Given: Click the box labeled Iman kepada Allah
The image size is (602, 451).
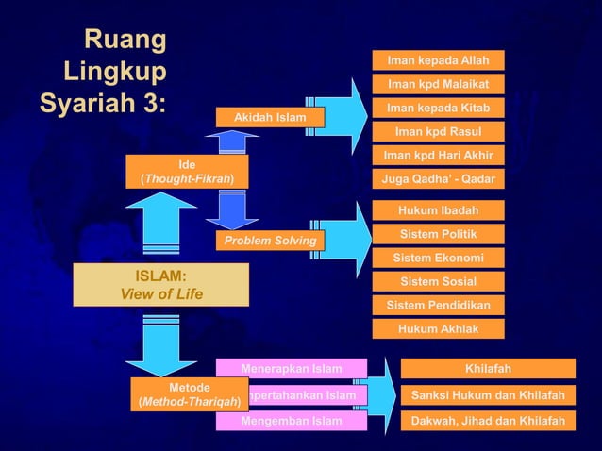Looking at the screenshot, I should [x=438, y=60].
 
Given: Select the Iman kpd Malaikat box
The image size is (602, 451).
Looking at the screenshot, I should [x=438, y=84].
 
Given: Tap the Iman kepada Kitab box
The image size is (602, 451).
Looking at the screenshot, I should [x=438, y=108].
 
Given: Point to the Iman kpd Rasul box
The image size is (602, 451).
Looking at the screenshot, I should [x=438, y=131].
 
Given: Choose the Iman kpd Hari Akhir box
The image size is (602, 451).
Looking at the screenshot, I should [x=438, y=155].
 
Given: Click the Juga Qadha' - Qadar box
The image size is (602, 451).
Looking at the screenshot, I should [x=438, y=178].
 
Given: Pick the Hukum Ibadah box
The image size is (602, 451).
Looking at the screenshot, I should [x=438, y=209].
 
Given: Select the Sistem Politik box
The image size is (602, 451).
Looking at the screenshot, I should [x=438, y=234].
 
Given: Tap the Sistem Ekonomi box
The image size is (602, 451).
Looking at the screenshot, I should [x=438, y=258].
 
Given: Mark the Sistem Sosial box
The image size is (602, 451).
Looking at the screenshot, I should [x=438, y=281].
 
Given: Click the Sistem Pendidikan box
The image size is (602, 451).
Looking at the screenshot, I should [x=438, y=305].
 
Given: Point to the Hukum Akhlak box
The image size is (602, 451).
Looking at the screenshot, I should [x=438, y=328].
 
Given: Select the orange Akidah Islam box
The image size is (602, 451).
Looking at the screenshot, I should [x=269, y=118].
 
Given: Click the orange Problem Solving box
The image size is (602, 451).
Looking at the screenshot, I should [x=269, y=241].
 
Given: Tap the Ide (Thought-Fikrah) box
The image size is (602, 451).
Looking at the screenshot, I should [x=186, y=172].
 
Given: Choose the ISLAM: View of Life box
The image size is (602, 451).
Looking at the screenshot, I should [x=160, y=284].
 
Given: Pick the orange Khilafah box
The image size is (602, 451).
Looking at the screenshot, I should [x=488, y=368].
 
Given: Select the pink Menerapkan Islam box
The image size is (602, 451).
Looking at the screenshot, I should [x=291, y=368].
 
